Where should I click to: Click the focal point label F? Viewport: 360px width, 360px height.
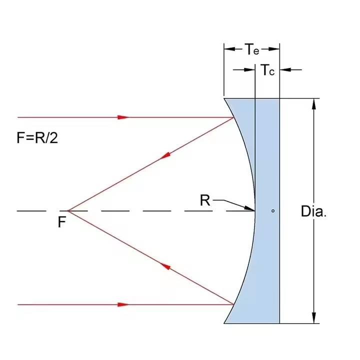pos(61,221)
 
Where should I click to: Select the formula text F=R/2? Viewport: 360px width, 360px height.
pos(37,137)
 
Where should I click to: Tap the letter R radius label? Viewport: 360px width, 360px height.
pos(204,200)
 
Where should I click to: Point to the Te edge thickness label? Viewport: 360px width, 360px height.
pos(251,49)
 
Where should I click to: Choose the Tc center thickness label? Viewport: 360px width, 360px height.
pos(267,70)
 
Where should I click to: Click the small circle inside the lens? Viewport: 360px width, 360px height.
pos(273,210)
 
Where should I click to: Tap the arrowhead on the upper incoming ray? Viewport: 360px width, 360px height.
pos(123,117)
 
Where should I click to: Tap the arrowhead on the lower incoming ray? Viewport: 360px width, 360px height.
pos(123,304)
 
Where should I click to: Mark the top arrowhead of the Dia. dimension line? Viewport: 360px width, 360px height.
pos(314,103)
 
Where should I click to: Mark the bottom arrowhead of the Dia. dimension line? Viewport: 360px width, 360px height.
pos(314,318)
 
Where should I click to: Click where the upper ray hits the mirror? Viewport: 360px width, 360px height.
pos(234,118)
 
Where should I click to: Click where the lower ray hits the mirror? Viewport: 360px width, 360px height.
pos(234,303)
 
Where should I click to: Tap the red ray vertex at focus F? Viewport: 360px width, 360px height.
pos(68,211)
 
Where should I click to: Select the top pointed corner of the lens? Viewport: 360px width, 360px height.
pos(224,98)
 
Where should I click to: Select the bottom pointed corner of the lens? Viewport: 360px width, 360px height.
pos(224,323)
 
